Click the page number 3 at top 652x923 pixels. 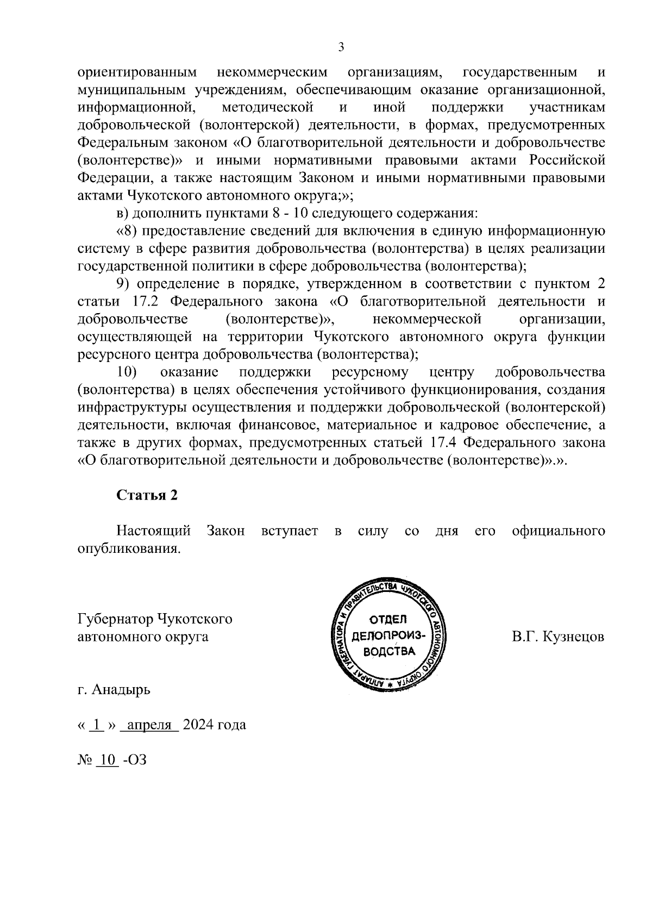(341, 48)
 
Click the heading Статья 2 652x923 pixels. (147, 495)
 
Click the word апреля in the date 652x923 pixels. (149, 725)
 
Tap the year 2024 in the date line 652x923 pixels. (199, 725)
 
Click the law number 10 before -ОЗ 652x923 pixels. (107, 759)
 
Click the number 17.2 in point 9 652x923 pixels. (150, 302)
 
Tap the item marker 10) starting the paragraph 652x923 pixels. (127, 372)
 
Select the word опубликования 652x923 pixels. (129, 548)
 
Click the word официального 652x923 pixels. (559, 531)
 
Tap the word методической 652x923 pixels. (268, 108)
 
